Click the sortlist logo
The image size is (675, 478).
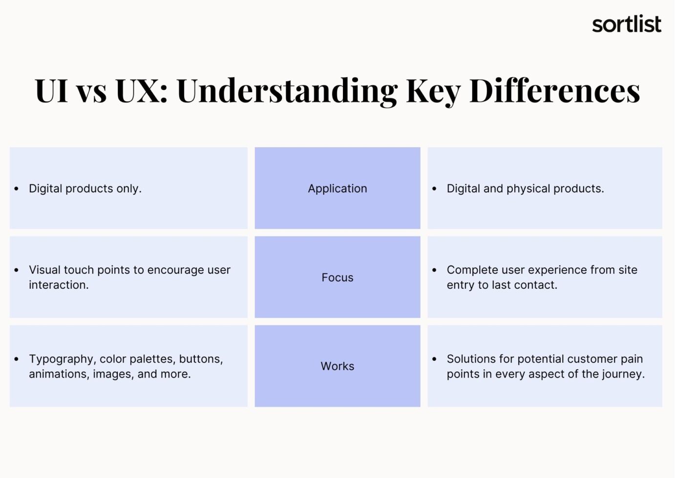(626, 24)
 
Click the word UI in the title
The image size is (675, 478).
(51, 91)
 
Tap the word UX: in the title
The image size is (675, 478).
(142, 91)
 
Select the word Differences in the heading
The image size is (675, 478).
(554, 91)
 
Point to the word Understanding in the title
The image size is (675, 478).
(287, 91)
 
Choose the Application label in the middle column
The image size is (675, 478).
(337, 189)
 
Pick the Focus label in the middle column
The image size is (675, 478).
(337, 278)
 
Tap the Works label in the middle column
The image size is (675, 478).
(337, 366)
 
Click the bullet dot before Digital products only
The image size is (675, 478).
(17, 189)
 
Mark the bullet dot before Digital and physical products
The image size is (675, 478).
(434, 189)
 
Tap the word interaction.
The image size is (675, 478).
(58, 285)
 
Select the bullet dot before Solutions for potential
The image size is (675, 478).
(434, 359)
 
